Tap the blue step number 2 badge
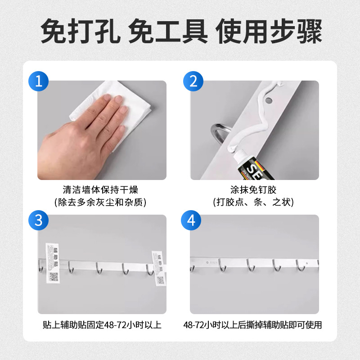click(193, 81)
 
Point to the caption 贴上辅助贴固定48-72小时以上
click(101, 325)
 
